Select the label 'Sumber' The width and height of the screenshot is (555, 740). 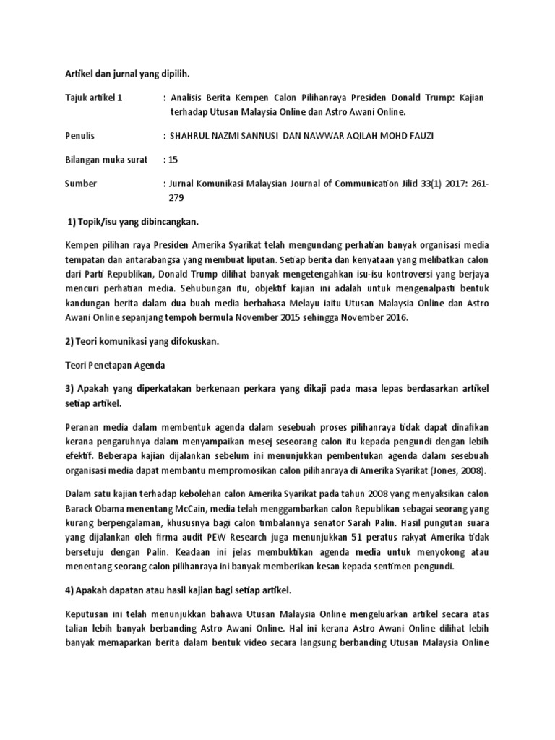[81, 184]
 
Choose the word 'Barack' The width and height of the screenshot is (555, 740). [80, 507]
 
